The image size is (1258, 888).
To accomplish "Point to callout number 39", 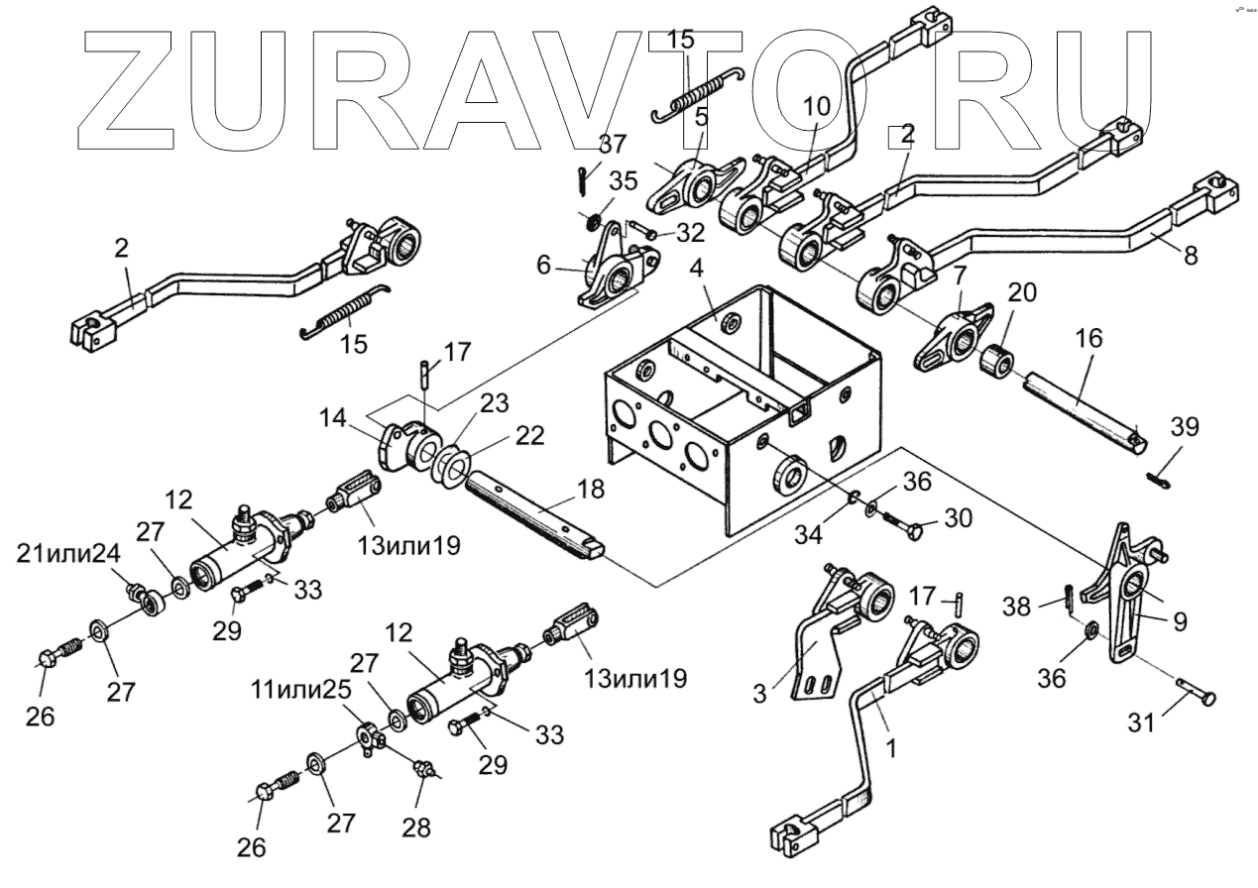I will pos(1185,427).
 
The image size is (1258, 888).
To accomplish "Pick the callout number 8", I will pos(1190,255).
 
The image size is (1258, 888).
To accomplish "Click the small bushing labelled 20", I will pos(997,363).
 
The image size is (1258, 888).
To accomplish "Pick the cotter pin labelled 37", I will pos(582,179).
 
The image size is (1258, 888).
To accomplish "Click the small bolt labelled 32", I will pos(645,234).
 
